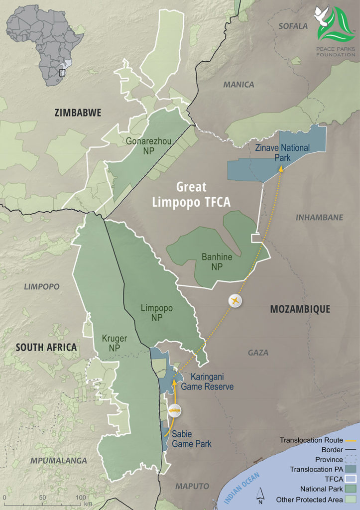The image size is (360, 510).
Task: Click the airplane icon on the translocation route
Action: coord(235,301)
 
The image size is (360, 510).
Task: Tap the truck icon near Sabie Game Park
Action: coord(174,410)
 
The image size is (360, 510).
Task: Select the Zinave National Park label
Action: coord(282,152)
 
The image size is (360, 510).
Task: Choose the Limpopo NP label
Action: coord(157,313)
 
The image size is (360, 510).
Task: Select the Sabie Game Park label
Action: coord(192,439)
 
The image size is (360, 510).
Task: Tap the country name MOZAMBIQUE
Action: coord(300,309)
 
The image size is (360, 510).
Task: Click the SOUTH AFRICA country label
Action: coord(46,347)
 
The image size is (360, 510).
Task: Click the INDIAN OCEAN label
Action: coord(239,489)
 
